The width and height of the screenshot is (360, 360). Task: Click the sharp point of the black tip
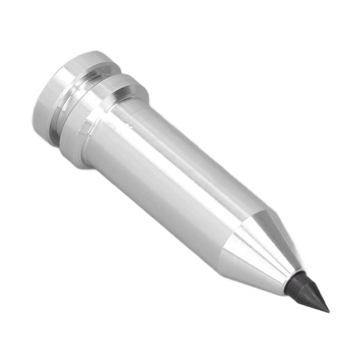point(328,311)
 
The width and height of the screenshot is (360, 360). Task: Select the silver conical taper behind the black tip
point(259,248)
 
